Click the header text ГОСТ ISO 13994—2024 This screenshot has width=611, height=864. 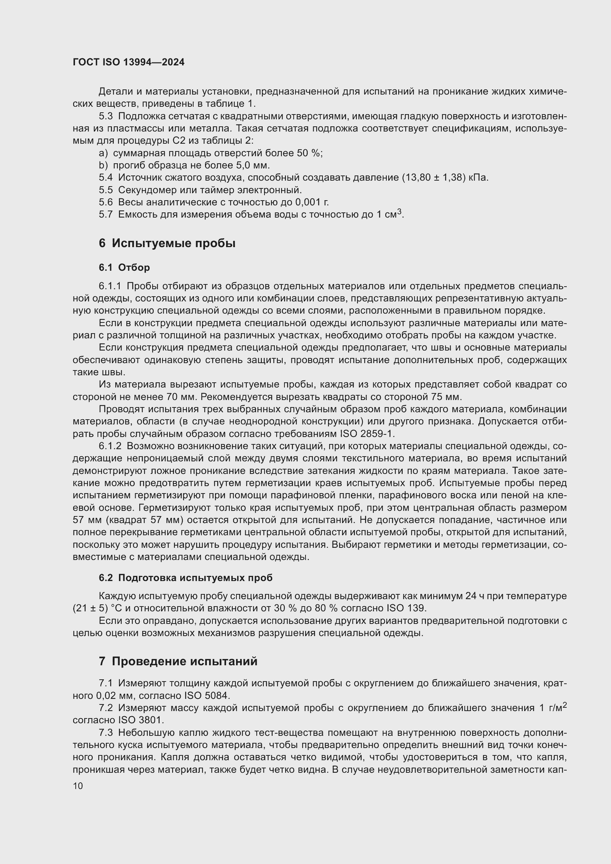[x=129, y=62]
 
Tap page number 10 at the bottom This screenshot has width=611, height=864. [x=78, y=786]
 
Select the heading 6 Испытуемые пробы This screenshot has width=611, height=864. [x=167, y=243]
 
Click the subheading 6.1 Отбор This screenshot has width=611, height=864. [x=124, y=267]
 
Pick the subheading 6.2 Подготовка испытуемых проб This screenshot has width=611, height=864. [x=185, y=578]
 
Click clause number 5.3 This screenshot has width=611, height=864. [x=106, y=116]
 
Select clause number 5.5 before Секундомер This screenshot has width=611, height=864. [x=106, y=190]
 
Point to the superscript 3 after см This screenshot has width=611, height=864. [x=400, y=212]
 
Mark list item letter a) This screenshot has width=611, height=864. [x=103, y=153]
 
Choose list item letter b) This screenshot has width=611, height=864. [x=103, y=165]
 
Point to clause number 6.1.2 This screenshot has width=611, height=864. [x=110, y=446]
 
